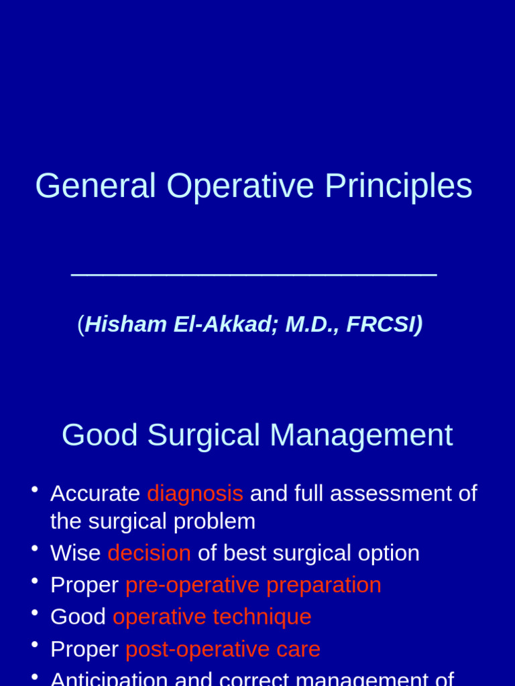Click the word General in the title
click(x=95, y=186)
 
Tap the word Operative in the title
click(x=241, y=186)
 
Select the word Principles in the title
click(x=398, y=186)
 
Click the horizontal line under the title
click(x=254, y=275)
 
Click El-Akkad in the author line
click(x=226, y=324)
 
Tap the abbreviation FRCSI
click(x=381, y=324)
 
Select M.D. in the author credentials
click(x=312, y=325)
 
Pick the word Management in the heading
click(x=361, y=435)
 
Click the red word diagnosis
click(x=195, y=494)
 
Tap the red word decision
click(x=150, y=553)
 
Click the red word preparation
click(x=324, y=586)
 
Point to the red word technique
click(x=262, y=617)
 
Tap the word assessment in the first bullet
click(x=391, y=494)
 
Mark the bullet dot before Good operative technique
click(x=35, y=612)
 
